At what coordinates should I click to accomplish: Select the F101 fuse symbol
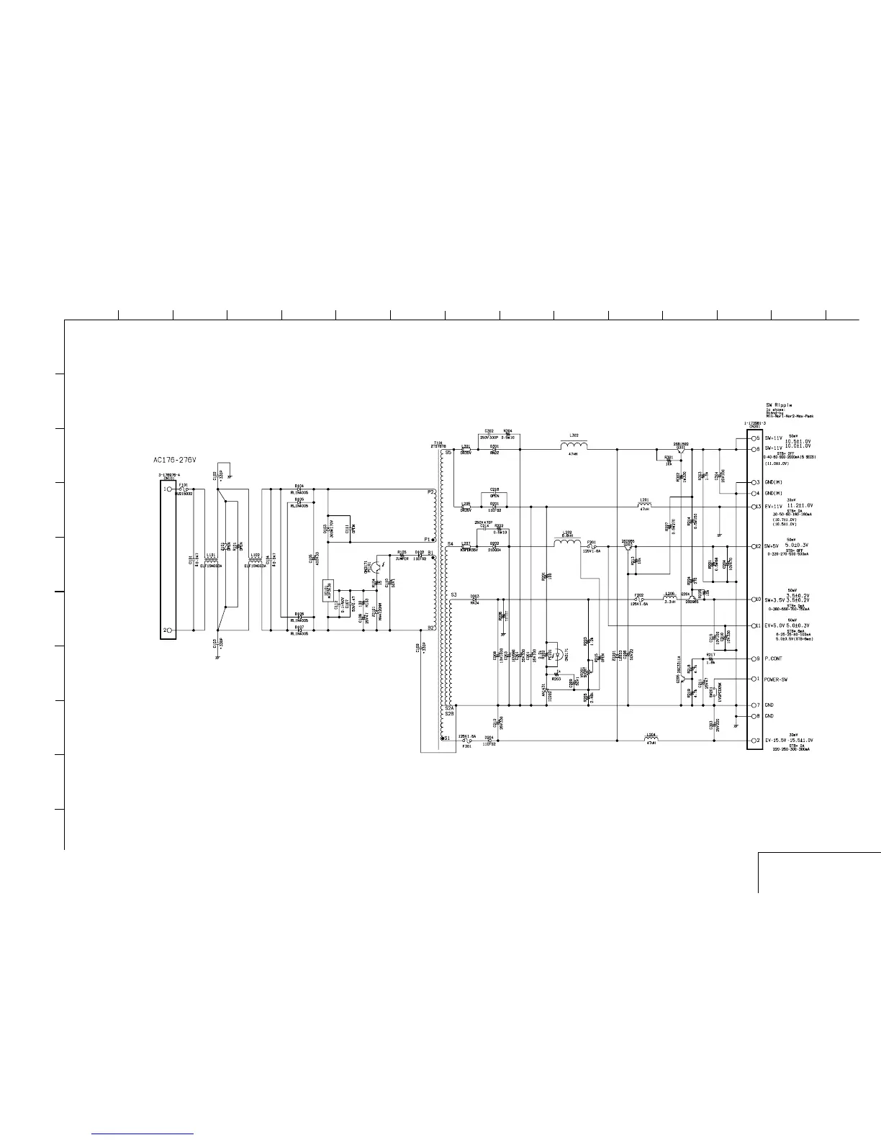click(184, 489)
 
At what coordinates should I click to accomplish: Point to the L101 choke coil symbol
click(212, 559)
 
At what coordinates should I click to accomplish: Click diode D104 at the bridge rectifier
click(299, 489)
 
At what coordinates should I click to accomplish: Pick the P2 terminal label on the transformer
click(430, 492)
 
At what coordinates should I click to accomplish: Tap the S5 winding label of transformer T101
click(448, 453)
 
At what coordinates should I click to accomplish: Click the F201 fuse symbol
click(591, 545)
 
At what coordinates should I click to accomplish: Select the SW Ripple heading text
click(780, 405)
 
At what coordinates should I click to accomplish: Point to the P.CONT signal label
click(774, 659)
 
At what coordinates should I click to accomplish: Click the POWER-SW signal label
click(777, 679)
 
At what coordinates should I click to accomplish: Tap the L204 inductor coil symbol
click(650, 739)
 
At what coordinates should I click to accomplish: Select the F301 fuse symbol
click(466, 741)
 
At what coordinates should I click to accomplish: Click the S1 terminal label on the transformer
click(446, 738)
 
